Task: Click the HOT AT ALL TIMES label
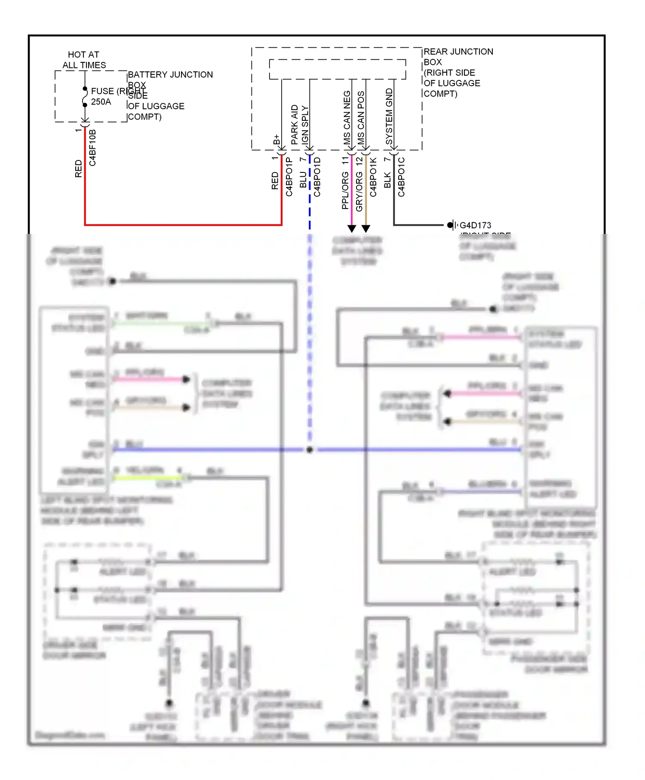pyautogui.click(x=84, y=60)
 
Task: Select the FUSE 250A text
pyautogui.click(x=101, y=96)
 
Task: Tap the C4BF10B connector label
pyautogui.click(x=92, y=147)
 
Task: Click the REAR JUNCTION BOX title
pyautogui.click(x=458, y=56)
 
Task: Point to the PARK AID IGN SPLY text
pyautogui.click(x=300, y=124)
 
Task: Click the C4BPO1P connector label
pyautogui.click(x=289, y=177)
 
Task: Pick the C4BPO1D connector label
pyautogui.click(x=317, y=177)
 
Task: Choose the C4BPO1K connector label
pyautogui.click(x=373, y=177)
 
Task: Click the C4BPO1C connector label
pyautogui.click(x=401, y=177)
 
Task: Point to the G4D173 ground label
pyautogui.click(x=475, y=225)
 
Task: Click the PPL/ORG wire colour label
pyautogui.click(x=345, y=190)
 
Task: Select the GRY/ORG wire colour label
pyautogui.click(x=359, y=191)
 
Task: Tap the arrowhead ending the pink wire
pyautogui.click(x=352, y=228)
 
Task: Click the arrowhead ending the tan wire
pyautogui.click(x=365, y=228)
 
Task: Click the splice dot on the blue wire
pyautogui.click(x=310, y=450)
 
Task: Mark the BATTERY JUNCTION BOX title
pyautogui.click(x=170, y=74)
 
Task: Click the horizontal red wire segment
pyautogui.click(x=183, y=224)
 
